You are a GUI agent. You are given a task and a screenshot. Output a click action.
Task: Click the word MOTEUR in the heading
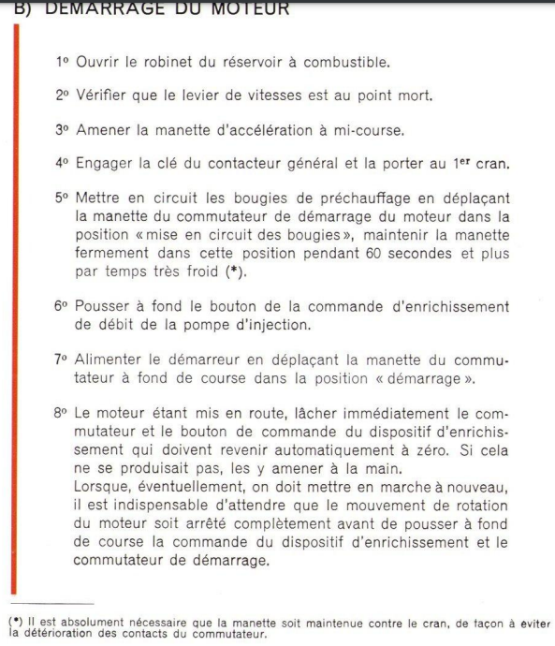tap(238, 8)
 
